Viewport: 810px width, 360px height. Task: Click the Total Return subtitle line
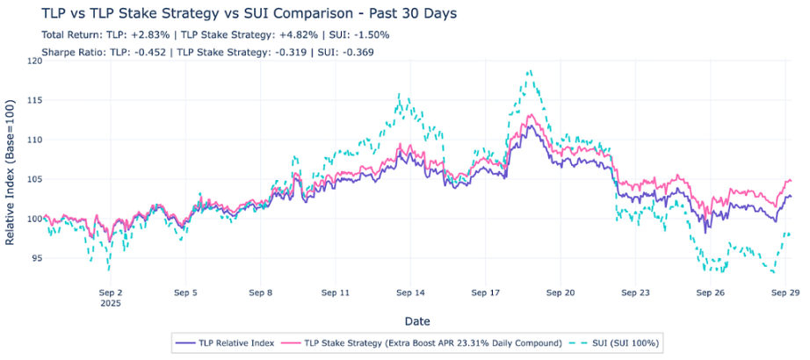(x=215, y=35)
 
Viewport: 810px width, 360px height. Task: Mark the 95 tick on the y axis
(x=32, y=259)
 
